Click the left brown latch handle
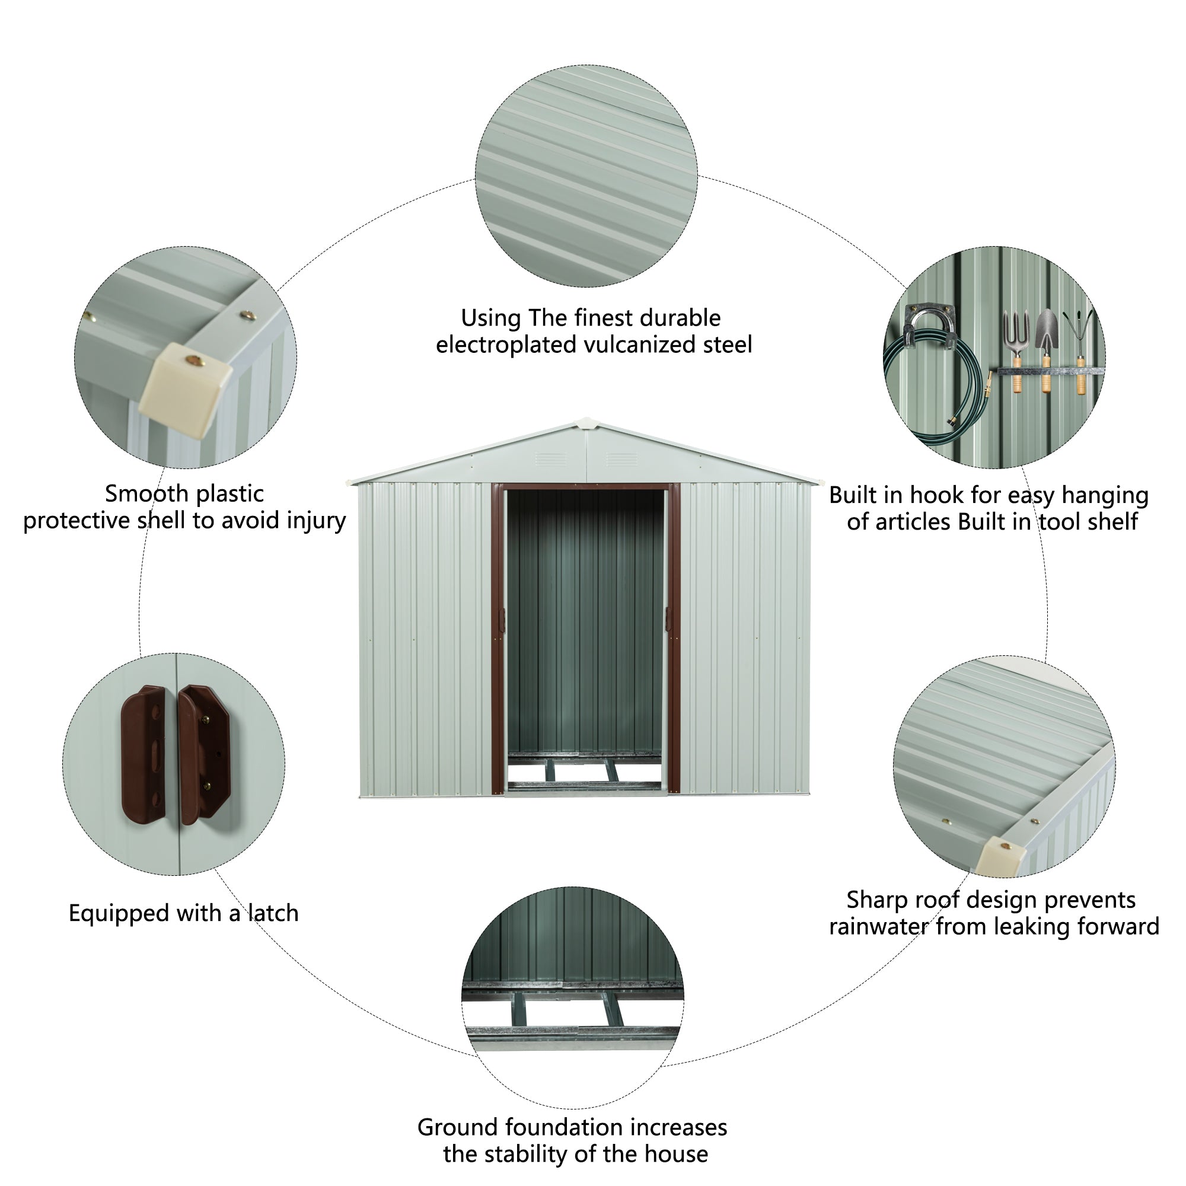144,754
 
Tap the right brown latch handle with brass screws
204,754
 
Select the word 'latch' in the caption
273,913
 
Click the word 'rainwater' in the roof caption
878,926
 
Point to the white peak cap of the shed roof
586,423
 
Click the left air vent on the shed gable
550,459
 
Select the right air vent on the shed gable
621,459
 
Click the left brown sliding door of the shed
498,639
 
